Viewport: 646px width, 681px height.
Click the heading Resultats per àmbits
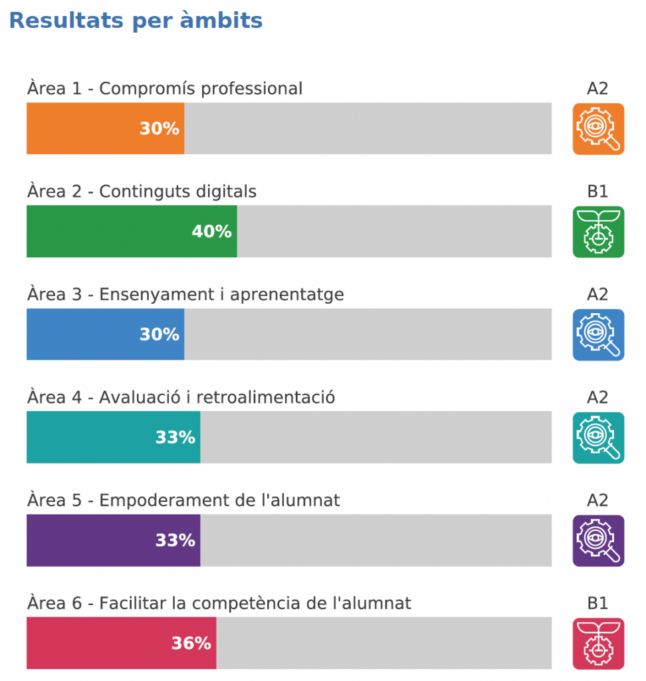pos(136,21)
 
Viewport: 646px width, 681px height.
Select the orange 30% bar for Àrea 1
pos(105,128)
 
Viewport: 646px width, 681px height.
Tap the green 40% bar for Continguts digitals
pos(132,231)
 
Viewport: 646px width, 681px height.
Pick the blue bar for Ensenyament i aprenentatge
pos(105,334)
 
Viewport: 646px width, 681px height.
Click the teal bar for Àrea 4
pos(113,437)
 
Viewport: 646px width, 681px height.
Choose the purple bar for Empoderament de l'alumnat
pos(113,540)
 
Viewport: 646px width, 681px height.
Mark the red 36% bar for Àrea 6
pos(121,643)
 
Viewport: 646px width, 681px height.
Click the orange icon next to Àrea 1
pos(598,129)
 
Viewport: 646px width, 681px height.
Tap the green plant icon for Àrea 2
pos(598,231)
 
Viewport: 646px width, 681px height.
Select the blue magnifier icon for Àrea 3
pos(598,335)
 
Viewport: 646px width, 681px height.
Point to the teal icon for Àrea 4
pos(598,438)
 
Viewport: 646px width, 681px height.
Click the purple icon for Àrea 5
pos(598,541)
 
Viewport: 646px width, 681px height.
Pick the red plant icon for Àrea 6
pos(598,644)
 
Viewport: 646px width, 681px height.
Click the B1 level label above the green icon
pos(597,192)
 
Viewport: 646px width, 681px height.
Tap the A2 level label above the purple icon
pos(597,500)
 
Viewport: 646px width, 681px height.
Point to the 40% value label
pos(211,231)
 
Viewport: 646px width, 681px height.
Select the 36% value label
pos(191,643)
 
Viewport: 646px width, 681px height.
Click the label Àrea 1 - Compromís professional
pos(165,88)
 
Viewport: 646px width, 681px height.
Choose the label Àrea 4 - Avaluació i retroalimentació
pos(181,397)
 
